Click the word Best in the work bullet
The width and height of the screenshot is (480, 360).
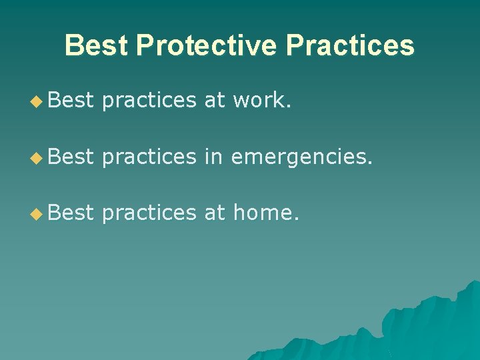tap(71, 101)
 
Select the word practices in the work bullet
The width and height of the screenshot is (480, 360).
tap(149, 101)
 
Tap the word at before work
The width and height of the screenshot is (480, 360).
tap(215, 101)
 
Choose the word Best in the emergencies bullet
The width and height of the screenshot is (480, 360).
tap(71, 156)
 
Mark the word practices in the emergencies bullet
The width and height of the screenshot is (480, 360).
tap(149, 156)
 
